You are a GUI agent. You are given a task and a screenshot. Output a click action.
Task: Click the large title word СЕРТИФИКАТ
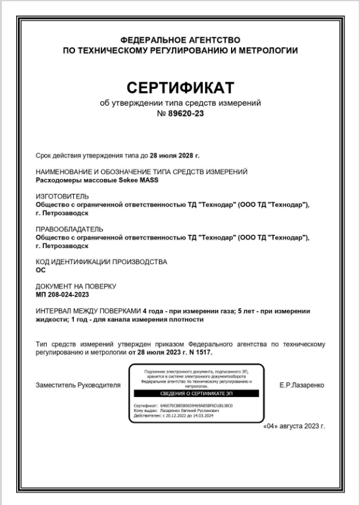pos(180,88)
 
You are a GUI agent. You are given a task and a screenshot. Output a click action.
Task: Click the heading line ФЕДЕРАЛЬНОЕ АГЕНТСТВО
pos(180,40)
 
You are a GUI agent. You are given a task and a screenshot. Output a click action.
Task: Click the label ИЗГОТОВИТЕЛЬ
pos(62,196)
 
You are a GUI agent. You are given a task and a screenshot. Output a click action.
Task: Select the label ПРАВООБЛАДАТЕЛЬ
pos(69,229)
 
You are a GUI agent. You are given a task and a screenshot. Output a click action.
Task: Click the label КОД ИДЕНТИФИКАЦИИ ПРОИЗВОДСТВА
pos(101,262)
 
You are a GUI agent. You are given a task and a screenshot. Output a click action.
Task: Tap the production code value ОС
pos(41,270)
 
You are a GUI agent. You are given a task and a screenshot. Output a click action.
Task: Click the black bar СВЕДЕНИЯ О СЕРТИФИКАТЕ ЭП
pos(195,393)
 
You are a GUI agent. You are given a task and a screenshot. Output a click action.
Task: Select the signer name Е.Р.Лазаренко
pos(302,385)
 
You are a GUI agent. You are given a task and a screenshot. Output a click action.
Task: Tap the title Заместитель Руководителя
pos(78,385)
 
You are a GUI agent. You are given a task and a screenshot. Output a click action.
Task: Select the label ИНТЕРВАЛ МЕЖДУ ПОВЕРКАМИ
pos(88,311)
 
